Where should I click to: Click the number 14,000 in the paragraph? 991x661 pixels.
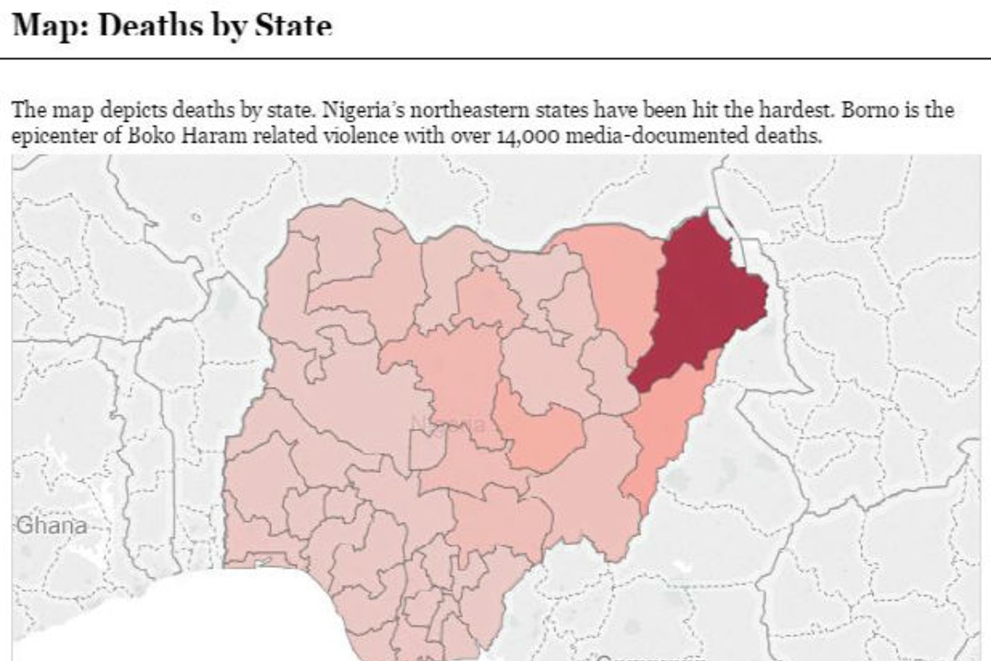(529, 136)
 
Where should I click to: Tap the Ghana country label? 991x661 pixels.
(52, 526)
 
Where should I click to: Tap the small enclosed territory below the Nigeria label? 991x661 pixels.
(426, 449)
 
